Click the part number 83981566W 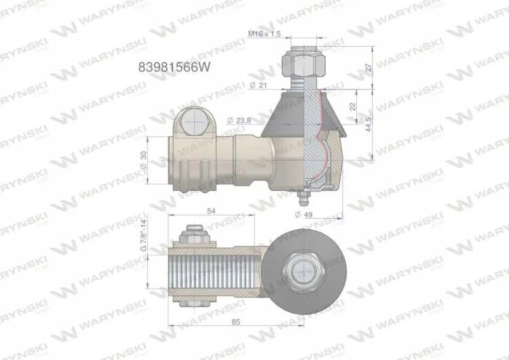[174, 67]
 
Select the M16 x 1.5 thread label [264, 33]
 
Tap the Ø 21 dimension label [258, 85]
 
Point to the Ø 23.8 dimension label [239, 120]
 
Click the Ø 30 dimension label [143, 160]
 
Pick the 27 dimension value [369, 67]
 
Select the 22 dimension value [353, 106]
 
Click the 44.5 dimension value [369, 124]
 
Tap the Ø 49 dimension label [303, 214]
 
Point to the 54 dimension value [211, 211]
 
